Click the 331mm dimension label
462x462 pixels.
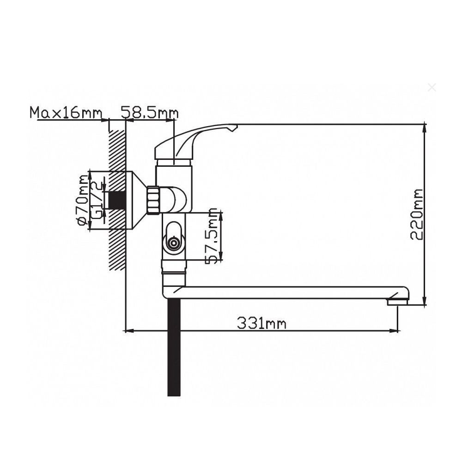pos(261,323)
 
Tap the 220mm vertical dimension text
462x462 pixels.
pos(417,214)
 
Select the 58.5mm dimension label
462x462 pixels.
pos(149,113)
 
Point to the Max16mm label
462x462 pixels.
pos(66,113)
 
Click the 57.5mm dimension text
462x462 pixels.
pos(212,236)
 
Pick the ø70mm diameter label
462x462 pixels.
pos(82,201)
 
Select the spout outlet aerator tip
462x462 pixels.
pos(396,302)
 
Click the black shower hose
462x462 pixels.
pos(174,347)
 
